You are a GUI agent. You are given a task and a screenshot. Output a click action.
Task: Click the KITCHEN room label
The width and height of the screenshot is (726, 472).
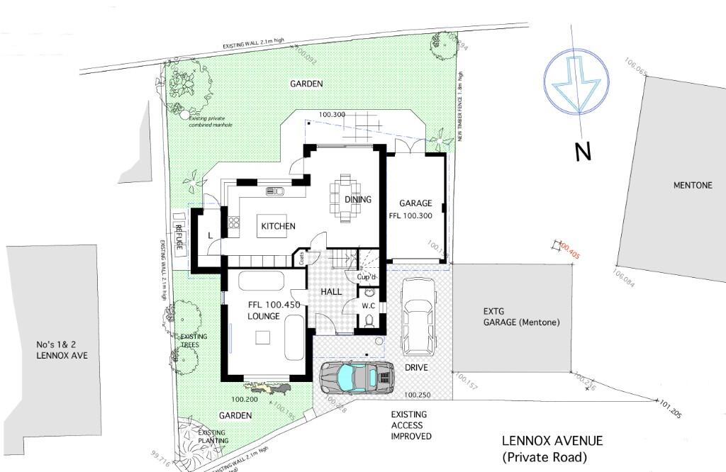point(278,226)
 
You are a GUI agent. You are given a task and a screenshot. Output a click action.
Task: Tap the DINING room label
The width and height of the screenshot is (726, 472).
point(358,199)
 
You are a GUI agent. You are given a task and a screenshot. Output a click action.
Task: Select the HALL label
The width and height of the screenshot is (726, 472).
point(331,291)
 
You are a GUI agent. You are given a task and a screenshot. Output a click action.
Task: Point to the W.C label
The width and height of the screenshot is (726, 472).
point(368,306)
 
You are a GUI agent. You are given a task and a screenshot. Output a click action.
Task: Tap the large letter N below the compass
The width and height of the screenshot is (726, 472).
point(582,151)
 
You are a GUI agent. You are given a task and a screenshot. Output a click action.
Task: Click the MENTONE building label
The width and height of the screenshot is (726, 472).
point(692,186)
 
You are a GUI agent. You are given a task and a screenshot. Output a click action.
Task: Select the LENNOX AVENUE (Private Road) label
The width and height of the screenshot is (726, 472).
point(552,449)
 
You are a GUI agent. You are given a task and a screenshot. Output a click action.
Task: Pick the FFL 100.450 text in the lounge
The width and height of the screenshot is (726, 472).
point(274,305)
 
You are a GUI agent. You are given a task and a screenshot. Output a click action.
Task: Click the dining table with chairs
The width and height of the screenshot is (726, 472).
point(345,198)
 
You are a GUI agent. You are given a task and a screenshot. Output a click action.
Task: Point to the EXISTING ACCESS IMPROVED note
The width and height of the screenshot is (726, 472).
point(411,425)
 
